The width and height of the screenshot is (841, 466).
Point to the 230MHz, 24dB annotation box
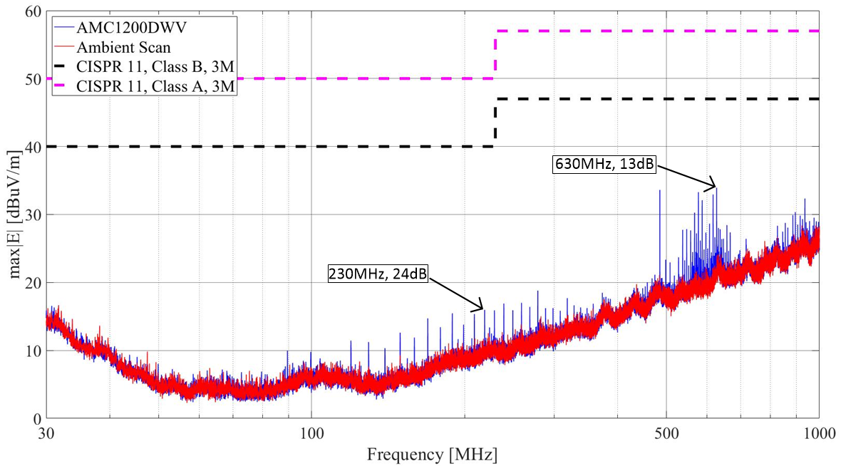377,274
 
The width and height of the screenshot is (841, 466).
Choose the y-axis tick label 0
33,419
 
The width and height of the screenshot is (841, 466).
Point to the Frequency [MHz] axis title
432,454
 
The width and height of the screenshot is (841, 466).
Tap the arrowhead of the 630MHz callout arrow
714,188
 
